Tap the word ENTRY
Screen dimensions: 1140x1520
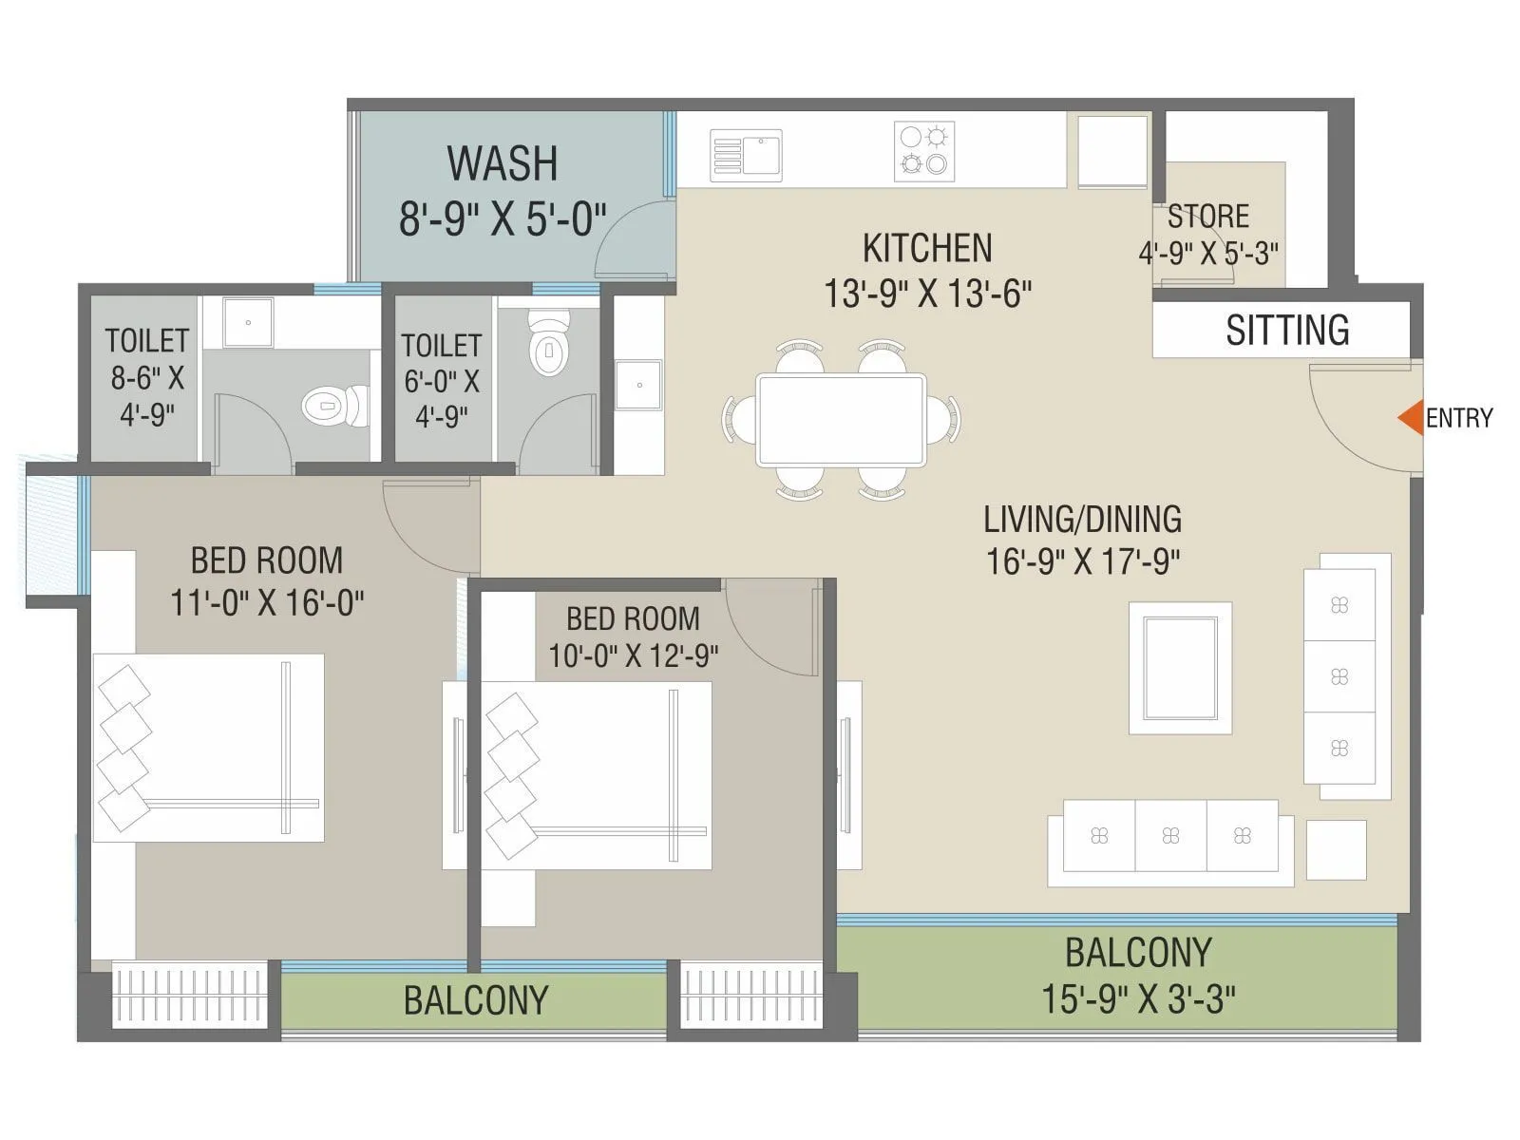point(1459,418)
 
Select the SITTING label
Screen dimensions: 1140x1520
point(1287,331)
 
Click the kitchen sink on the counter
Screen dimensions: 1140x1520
point(747,156)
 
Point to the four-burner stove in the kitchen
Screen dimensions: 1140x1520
point(924,151)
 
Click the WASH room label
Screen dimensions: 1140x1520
point(503,163)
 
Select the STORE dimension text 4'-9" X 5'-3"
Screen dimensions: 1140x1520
point(1208,253)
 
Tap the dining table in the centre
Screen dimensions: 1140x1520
point(841,420)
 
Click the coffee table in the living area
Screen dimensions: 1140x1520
point(1180,668)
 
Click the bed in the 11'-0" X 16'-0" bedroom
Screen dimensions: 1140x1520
point(209,747)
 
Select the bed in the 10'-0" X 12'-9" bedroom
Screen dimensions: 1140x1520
point(597,775)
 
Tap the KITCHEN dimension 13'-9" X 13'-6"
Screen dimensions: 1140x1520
point(927,294)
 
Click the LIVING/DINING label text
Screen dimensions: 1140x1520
point(1082,520)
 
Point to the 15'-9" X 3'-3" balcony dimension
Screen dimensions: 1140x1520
point(1137,998)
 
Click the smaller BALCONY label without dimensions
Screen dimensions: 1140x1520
point(475,1000)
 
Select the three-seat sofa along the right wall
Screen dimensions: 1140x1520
point(1339,676)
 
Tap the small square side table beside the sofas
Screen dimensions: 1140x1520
point(1336,849)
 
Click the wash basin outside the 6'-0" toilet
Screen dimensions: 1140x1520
point(638,384)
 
